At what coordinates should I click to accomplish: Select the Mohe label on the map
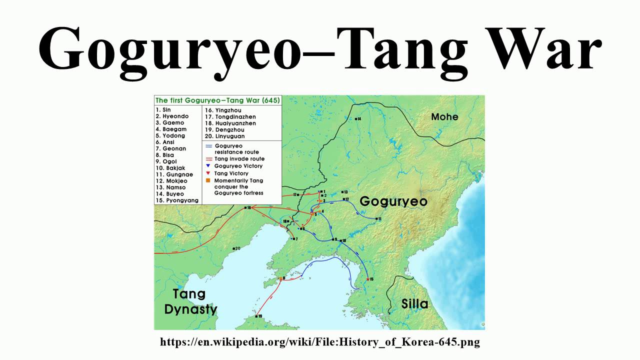point(444,116)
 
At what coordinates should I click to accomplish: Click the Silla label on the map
point(415,303)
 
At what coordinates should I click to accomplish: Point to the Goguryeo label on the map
point(393,201)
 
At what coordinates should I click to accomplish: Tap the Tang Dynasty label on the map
point(190,301)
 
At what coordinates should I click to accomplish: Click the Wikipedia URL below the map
point(320,342)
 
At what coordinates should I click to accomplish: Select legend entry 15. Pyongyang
point(177,200)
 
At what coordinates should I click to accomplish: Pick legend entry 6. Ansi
point(164,142)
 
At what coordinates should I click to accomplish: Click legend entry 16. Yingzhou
point(222,110)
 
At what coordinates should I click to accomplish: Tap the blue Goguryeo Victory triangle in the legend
point(207,165)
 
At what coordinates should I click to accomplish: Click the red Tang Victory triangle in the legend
point(207,173)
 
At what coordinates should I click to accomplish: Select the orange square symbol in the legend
point(207,180)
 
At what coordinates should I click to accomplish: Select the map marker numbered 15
point(368,279)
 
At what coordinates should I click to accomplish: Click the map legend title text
point(218,100)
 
